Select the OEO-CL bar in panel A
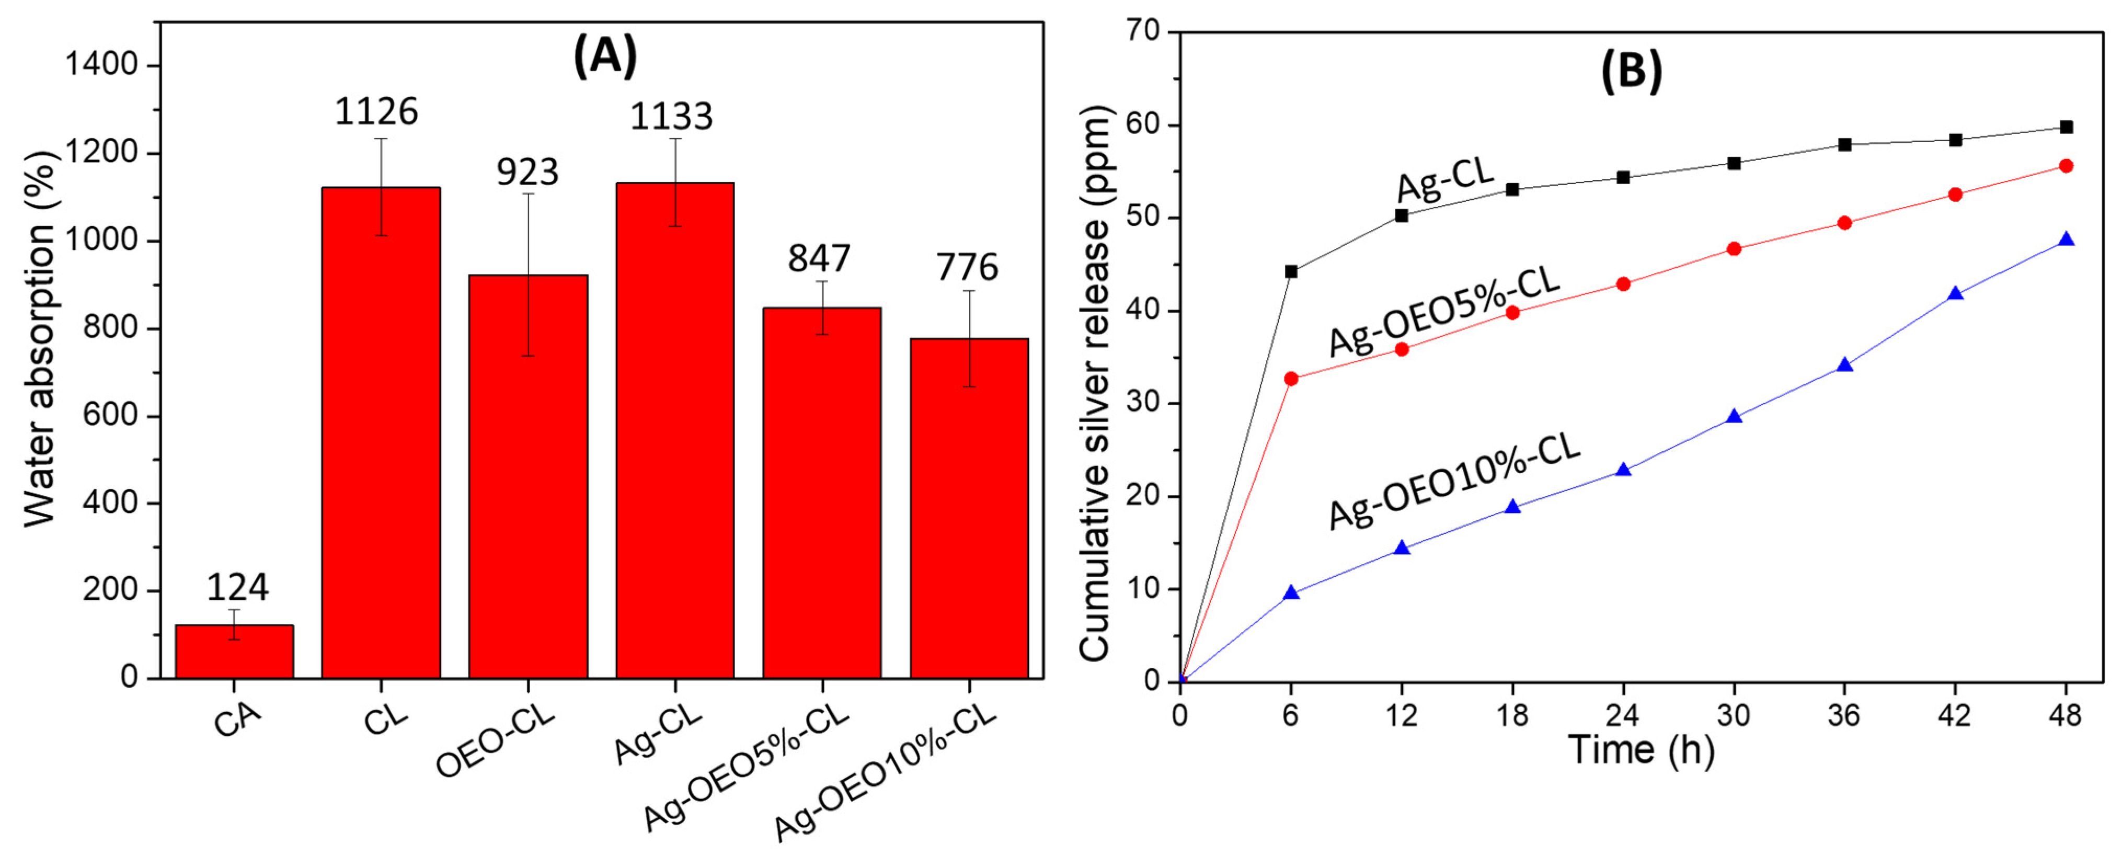coord(528,478)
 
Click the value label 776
coord(967,268)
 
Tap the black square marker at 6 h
coord(1291,271)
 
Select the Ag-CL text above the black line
coord(1446,177)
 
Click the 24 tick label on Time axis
coord(1623,715)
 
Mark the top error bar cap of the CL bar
coord(382,139)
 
